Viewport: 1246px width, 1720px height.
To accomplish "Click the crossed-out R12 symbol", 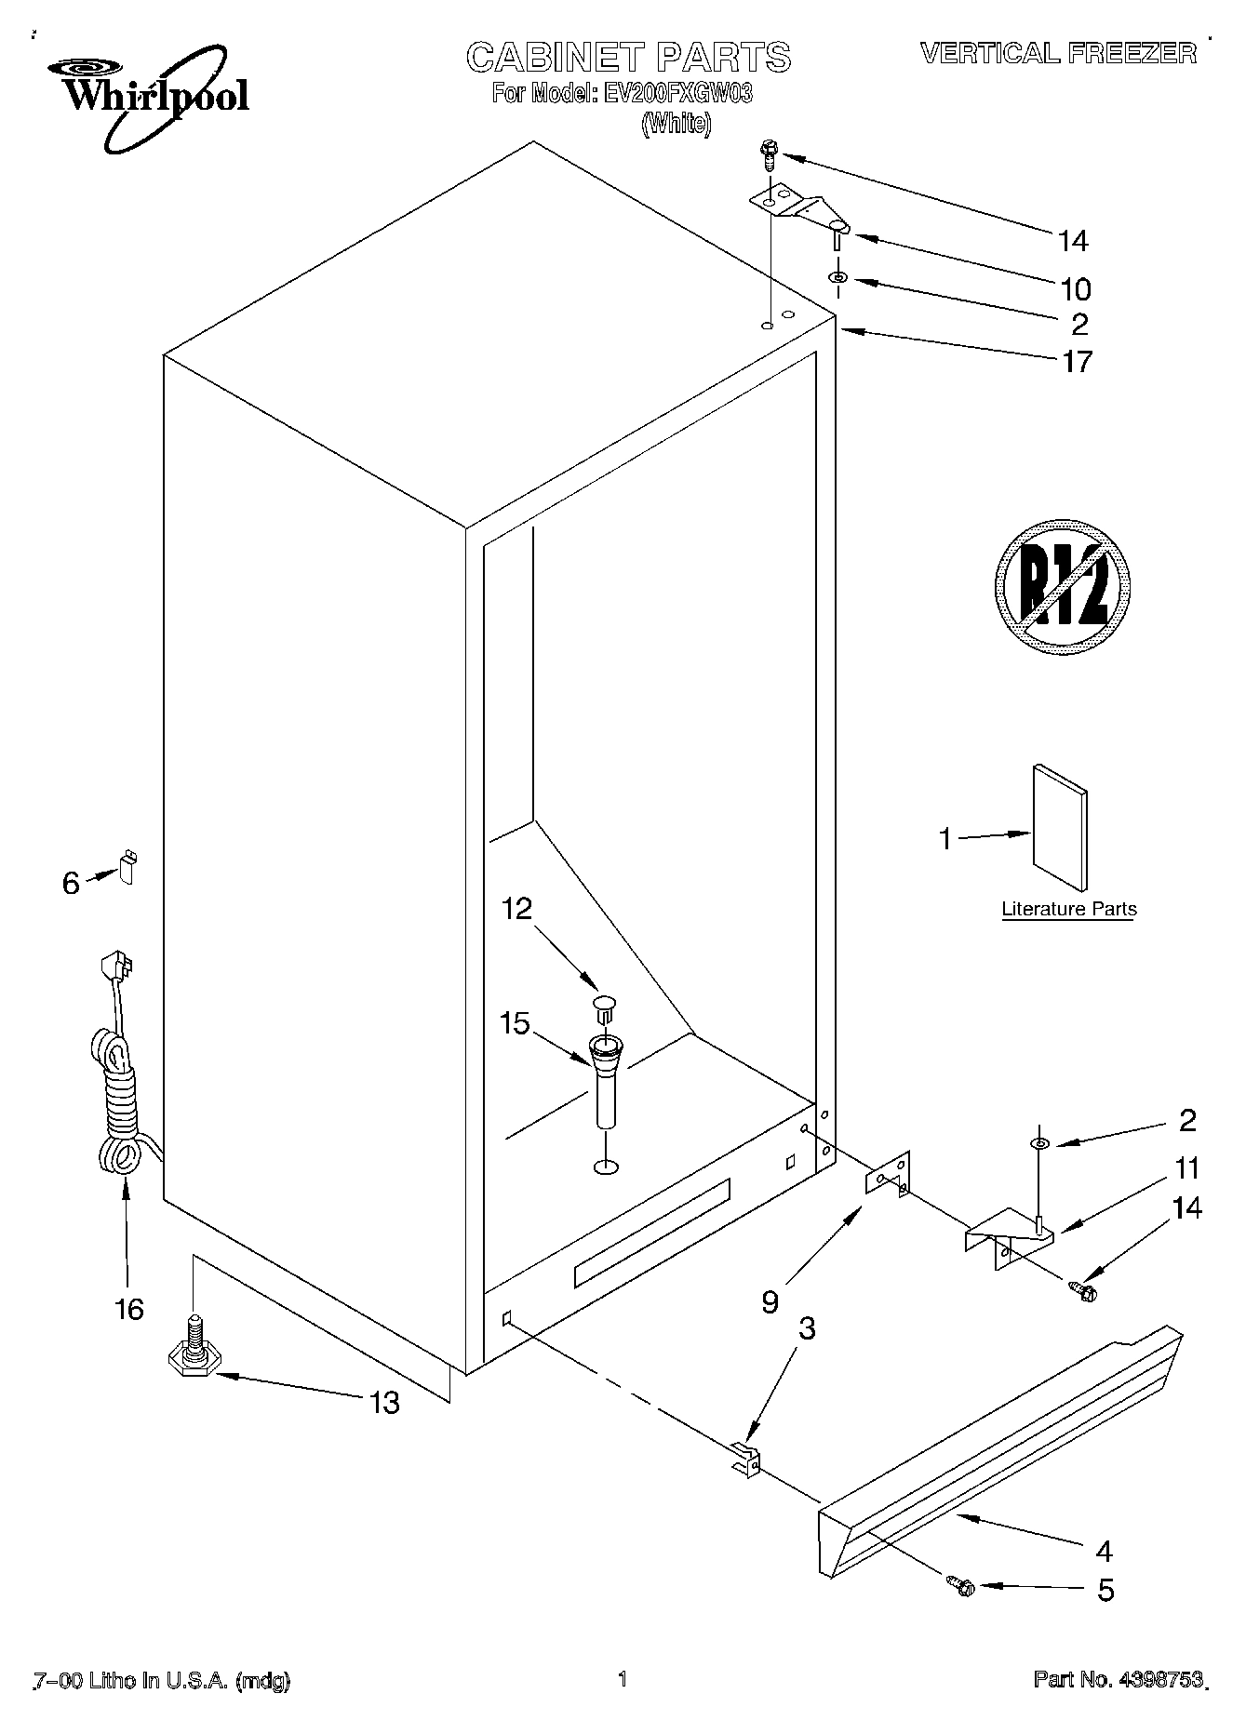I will point(1062,583).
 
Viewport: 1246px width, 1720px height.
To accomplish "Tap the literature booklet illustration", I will point(1059,827).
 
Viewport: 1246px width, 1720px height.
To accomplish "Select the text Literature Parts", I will point(1068,909).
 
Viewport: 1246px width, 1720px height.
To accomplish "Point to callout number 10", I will point(1076,289).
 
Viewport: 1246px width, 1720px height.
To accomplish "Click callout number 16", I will point(129,1310).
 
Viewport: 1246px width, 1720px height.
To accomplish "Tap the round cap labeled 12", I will point(604,1004).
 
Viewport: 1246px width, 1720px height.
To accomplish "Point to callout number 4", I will point(1105,1551).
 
